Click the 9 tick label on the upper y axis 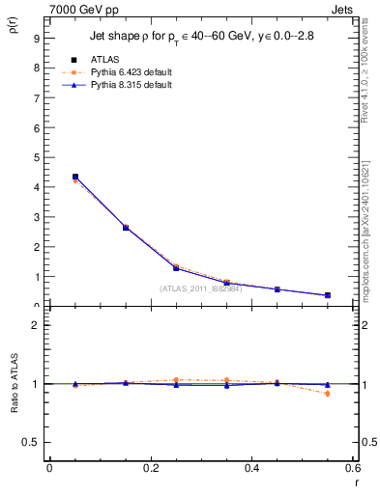(x=36, y=38)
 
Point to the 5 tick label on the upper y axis (x=36, y=157)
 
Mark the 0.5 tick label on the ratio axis (x=31, y=442)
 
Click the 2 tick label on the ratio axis (x=36, y=325)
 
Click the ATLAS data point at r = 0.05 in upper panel (x=74, y=177)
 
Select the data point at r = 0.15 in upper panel (x=126, y=228)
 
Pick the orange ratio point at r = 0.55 (x=328, y=394)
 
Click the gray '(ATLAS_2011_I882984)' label (x=200, y=288)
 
